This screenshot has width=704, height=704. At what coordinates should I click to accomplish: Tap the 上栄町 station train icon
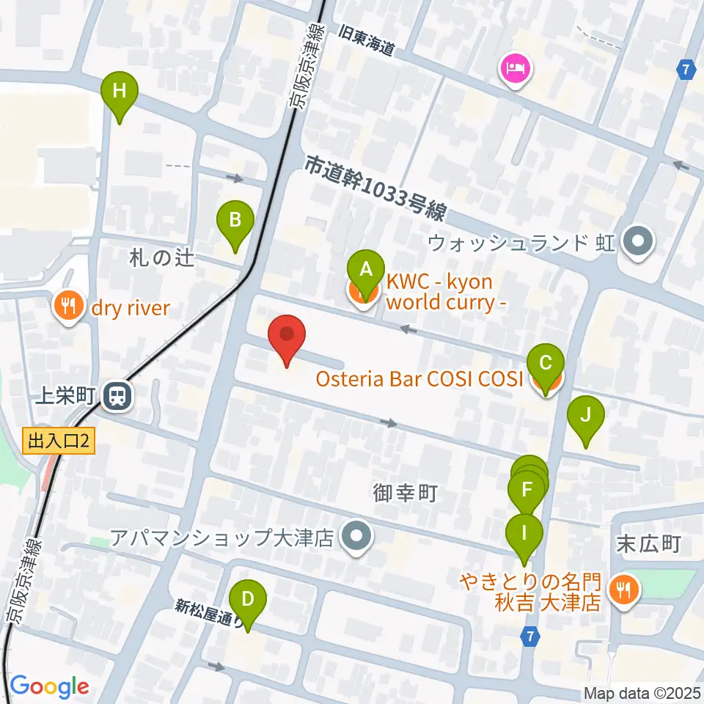(x=116, y=397)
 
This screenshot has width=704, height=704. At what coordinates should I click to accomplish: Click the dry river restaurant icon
(x=69, y=307)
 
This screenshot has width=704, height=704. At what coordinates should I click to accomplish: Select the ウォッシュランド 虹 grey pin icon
(x=637, y=241)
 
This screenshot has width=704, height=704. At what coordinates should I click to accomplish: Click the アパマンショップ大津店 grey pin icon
(x=356, y=538)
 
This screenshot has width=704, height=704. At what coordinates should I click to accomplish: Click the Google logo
(x=49, y=687)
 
